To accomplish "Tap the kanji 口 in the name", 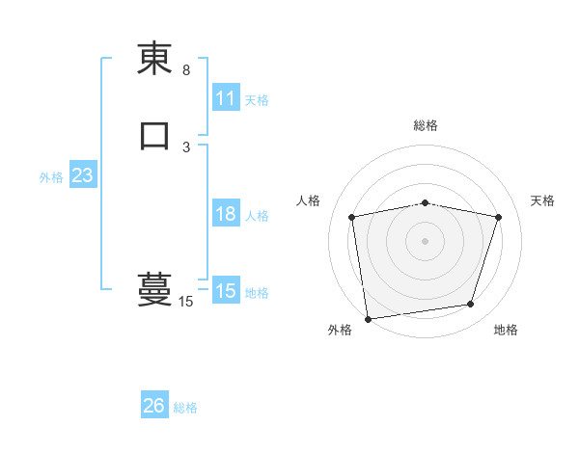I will tap(154, 135).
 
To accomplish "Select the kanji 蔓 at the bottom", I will tap(154, 288).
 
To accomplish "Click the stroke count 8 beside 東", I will tap(186, 70).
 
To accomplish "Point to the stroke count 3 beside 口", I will tap(186, 147).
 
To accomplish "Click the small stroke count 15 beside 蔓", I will tap(185, 302).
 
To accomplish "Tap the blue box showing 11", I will tap(226, 98).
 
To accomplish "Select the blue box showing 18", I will tap(226, 214).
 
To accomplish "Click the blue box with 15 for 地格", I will tap(226, 291).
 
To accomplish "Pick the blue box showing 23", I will tap(83, 176).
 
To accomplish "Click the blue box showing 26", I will tap(154, 406).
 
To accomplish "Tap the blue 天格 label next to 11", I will tap(257, 99).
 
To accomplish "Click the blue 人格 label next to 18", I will tap(257, 215).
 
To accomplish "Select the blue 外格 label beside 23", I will tap(51, 177).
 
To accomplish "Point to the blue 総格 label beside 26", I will tap(185, 407).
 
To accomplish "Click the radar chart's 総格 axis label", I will tap(426, 125).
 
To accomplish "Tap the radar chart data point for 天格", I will tap(498, 217).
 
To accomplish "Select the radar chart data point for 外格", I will tap(368, 318).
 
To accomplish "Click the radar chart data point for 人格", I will tap(352, 217).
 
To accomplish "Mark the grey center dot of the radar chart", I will tap(426, 240).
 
